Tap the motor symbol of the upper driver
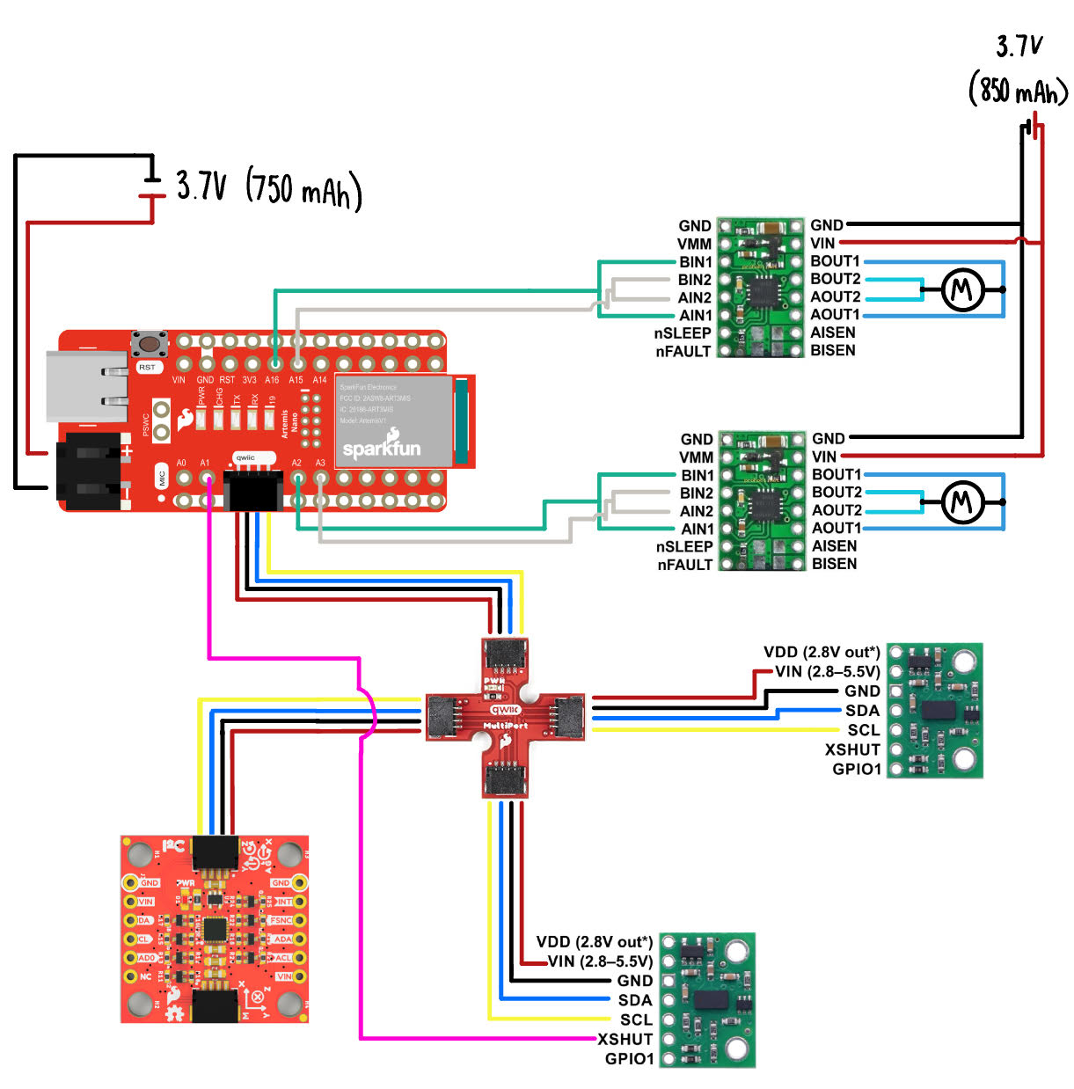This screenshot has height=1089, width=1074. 962,289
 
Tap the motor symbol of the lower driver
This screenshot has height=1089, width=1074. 962,502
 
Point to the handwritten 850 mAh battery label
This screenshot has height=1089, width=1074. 1018,90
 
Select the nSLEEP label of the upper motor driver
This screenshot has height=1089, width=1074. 683,333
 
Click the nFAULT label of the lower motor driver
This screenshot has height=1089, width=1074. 684,565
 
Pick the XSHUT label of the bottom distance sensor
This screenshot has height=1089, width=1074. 625,1039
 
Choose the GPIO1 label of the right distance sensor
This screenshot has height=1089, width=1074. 857,769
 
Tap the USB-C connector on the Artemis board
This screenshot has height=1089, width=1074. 84,385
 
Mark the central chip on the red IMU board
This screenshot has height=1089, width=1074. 214,929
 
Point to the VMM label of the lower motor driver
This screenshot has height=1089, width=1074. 696,457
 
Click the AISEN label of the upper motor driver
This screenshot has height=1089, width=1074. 833,333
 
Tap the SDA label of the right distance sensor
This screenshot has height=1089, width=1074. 862,711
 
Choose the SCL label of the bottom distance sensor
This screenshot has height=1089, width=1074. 636,1020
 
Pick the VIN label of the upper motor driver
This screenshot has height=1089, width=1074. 822,243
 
